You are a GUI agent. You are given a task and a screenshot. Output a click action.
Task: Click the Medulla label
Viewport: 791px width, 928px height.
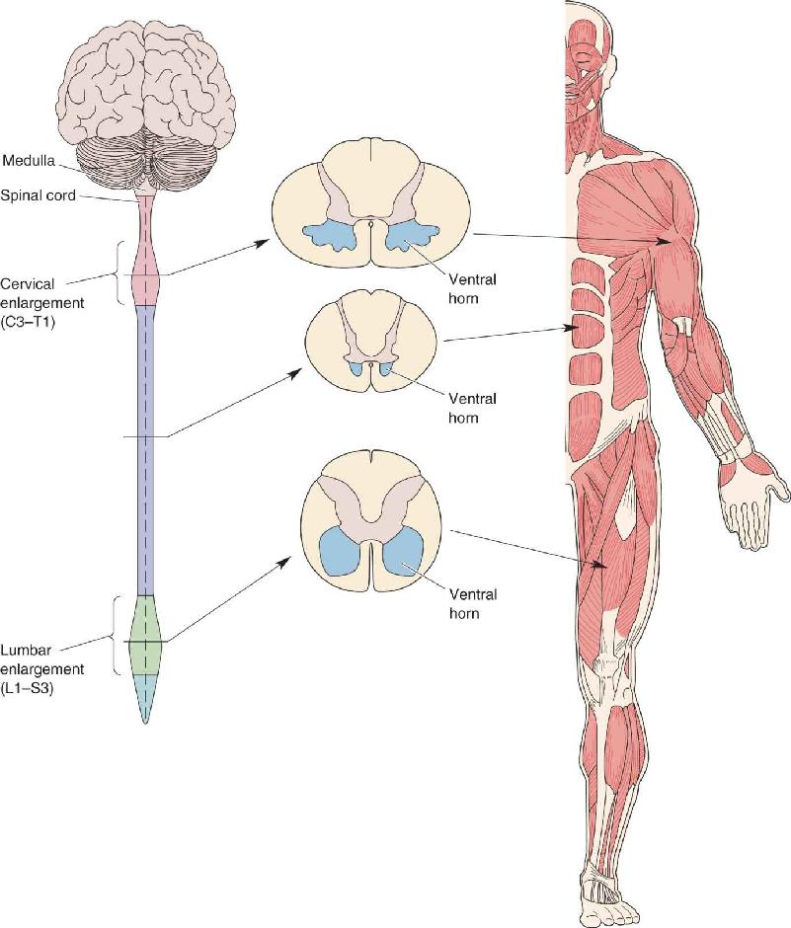pos(29,160)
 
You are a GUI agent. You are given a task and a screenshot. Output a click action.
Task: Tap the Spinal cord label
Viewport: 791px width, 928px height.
pos(38,194)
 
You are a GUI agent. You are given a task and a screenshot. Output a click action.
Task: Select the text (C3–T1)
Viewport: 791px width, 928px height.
pos(28,323)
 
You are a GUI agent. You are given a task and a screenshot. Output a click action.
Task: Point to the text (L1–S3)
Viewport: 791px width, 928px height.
pos(28,688)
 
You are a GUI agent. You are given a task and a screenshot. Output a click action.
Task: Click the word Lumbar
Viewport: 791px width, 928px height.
pos(26,650)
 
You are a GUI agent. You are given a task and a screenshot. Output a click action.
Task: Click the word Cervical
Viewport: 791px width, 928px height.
pos(28,284)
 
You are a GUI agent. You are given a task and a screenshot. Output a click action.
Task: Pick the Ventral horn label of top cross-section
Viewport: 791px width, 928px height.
pos(472,288)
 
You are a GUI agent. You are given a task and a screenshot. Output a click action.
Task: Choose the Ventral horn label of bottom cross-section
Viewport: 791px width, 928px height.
pos(472,603)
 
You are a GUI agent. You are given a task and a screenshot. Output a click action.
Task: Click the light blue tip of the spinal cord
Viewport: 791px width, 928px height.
pos(145,695)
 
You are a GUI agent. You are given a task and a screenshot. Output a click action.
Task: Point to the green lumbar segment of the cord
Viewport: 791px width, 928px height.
pos(145,635)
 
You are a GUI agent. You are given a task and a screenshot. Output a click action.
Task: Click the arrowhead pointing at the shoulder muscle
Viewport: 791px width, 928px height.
pos(666,240)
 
